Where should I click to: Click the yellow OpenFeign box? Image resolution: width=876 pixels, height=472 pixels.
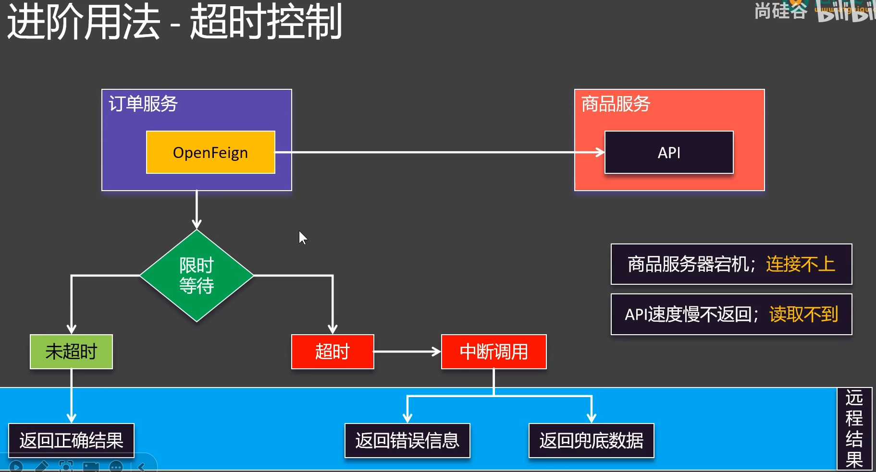coord(210,152)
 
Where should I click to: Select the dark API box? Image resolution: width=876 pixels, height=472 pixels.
coord(668,152)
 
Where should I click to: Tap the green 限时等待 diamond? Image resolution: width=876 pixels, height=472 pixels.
coord(197,276)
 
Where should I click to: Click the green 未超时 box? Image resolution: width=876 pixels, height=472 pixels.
coord(71,351)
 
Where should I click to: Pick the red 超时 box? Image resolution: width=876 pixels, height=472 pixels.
coord(332,351)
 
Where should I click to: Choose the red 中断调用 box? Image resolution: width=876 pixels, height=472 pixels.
coord(494,351)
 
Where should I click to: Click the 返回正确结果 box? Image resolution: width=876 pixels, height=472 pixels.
coord(71,440)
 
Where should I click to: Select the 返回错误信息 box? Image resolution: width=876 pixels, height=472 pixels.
coord(407,440)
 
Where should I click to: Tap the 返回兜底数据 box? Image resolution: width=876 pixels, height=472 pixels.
coord(591,440)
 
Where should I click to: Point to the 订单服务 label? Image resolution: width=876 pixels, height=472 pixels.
coord(143,104)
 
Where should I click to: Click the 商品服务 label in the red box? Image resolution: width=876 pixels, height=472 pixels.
coord(616,104)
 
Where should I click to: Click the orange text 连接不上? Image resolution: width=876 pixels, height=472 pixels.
coord(800,264)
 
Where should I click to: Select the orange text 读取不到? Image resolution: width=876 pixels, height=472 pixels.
coord(803,315)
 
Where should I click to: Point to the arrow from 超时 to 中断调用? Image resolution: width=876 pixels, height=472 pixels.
coord(407,351)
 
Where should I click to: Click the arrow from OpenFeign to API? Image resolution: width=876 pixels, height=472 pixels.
coord(432,152)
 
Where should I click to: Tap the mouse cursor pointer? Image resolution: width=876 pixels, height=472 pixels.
coord(302,237)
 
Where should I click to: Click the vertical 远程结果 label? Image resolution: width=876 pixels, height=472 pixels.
coord(854,428)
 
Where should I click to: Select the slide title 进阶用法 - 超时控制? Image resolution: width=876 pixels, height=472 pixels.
coord(174,22)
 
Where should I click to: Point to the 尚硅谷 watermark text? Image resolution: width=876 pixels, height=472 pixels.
coord(780,11)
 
